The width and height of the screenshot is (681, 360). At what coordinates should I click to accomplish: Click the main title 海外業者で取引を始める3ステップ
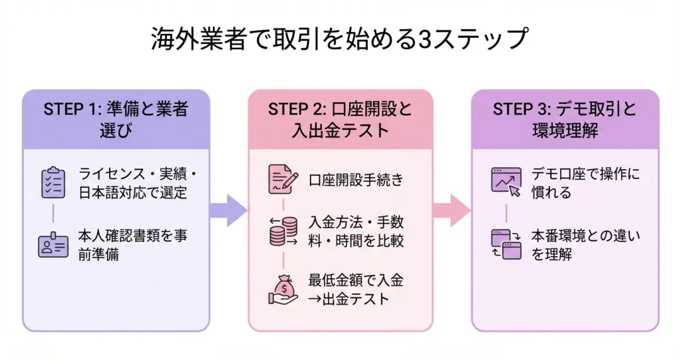(340, 39)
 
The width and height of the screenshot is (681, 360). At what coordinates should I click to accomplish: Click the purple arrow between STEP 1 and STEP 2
(228, 210)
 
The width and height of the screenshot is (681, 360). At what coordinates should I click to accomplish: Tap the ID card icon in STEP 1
(53, 244)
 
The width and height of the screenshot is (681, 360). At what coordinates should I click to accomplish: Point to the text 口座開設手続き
(356, 180)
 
